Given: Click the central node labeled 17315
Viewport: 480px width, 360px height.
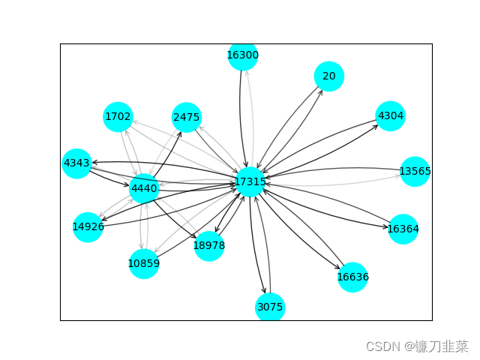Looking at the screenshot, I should tap(250, 182).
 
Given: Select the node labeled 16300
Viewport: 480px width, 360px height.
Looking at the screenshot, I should tap(243, 55).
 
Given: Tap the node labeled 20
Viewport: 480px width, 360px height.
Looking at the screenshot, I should tap(329, 76).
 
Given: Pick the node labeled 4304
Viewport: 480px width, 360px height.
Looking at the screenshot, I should tap(390, 116).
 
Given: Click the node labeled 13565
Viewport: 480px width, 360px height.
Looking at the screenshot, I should tap(415, 172).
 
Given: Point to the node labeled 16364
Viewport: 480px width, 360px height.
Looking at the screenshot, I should tap(403, 229).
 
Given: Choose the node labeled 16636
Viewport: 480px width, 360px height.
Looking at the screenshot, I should tap(352, 277).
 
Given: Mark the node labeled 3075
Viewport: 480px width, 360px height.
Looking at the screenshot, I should tap(270, 307).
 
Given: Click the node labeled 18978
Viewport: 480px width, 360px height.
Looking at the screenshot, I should tap(208, 245).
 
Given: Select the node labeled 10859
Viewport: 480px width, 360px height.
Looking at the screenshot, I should tap(143, 263).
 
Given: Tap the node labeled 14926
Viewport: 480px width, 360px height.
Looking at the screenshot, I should tap(88, 226).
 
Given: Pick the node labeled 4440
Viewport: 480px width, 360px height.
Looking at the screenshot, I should tap(144, 189).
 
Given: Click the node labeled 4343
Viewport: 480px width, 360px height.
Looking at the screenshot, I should tap(76, 163).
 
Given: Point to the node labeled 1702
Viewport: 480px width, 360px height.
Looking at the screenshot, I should tap(118, 116).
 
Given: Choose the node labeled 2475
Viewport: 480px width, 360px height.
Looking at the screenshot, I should tap(186, 118).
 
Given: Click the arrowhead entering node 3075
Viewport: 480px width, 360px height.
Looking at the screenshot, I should tap(265, 292).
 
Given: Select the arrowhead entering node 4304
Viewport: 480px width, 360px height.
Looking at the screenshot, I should tap(376, 124).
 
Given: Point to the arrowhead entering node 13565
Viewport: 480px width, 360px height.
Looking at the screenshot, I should tap(399, 176).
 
